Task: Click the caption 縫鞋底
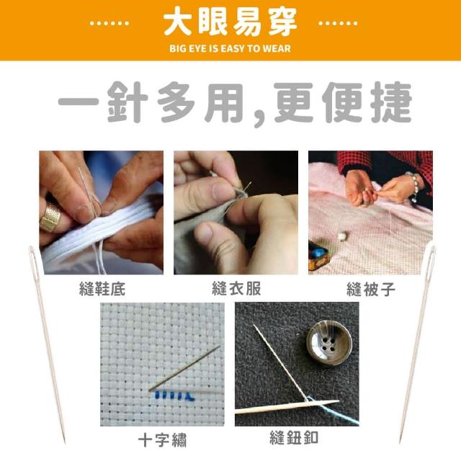coord(102,289)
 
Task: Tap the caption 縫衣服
coord(236,288)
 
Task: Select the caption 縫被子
coord(371,290)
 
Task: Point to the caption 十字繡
coord(162,440)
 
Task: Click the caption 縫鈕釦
coord(294,437)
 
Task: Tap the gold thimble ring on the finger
coord(50,217)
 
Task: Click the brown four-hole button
coord(329,343)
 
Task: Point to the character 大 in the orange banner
coord(178,22)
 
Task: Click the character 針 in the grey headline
coord(127,102)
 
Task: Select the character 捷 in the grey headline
coord(391,102)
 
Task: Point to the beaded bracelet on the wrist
coord(414,186)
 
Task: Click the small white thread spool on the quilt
coord(343,236)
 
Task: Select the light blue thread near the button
coord(332,410)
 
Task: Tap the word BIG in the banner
coord(177,48)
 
